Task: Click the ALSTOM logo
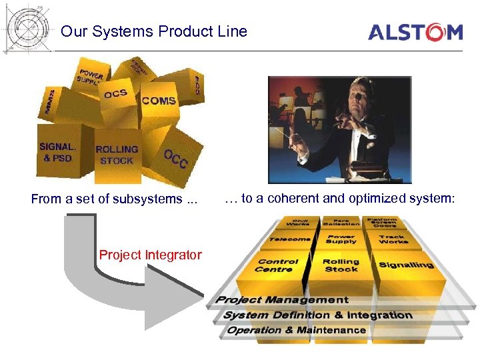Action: tap(415, 32)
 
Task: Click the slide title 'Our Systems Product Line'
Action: tap(153, 31)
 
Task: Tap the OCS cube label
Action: tap(115, 94)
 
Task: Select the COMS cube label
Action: tap(159, 101)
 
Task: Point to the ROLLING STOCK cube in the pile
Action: tap(117, 155)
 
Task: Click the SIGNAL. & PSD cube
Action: tap(58, 153)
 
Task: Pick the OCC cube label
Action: tap(176, 158)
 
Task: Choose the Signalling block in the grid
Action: tap(406, 265)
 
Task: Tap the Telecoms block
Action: tap(290, 238)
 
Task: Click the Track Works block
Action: tap(393, 238)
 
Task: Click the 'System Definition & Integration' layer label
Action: tap(317, 315)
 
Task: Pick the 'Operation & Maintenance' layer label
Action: tap(297, 330)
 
